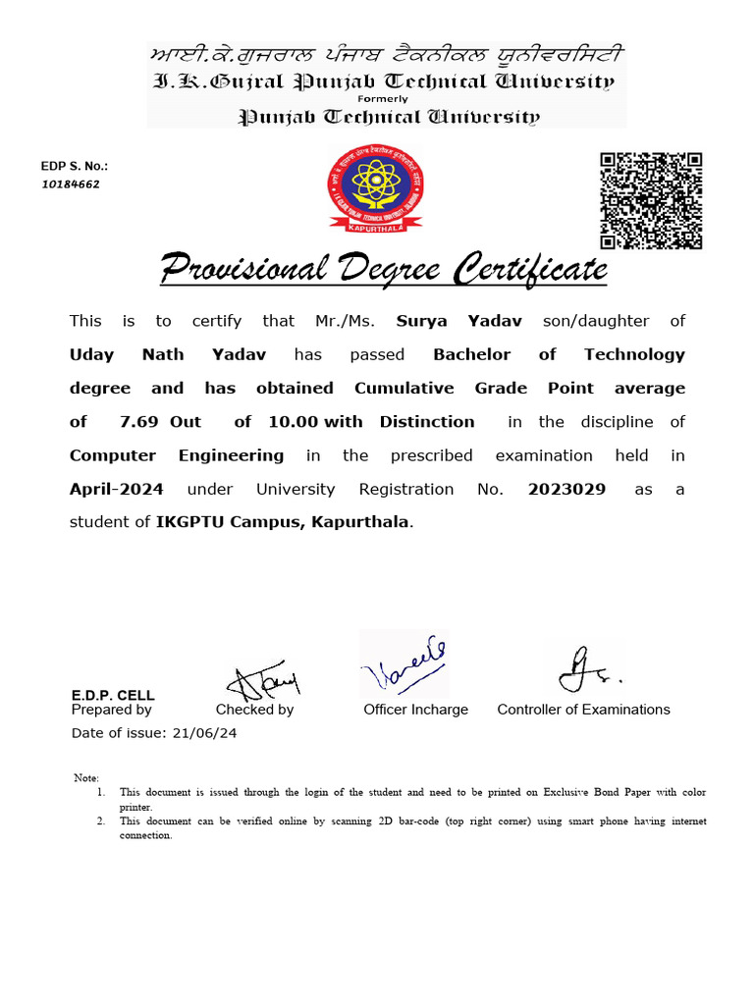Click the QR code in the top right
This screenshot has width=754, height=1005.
click(651, 200)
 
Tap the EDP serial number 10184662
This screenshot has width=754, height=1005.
click(70, 184)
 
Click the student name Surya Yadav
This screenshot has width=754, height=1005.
click(458, 321)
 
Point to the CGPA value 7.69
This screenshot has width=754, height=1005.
click(138, 421)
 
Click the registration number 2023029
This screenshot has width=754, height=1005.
click(566, 489)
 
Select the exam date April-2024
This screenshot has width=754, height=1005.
click(116, 489)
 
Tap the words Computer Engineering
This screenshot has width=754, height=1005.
click(177, 455)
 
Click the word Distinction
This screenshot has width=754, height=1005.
click(427, 421)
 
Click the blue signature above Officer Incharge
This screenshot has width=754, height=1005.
click(404, 664)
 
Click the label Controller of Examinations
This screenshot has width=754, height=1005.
click(583, 710)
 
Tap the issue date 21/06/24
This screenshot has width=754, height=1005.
click(204, 733)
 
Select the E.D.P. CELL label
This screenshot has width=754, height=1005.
click(113, 695)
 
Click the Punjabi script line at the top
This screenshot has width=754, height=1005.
click(385, 55)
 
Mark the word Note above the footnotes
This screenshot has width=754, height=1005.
click(86, 778)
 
